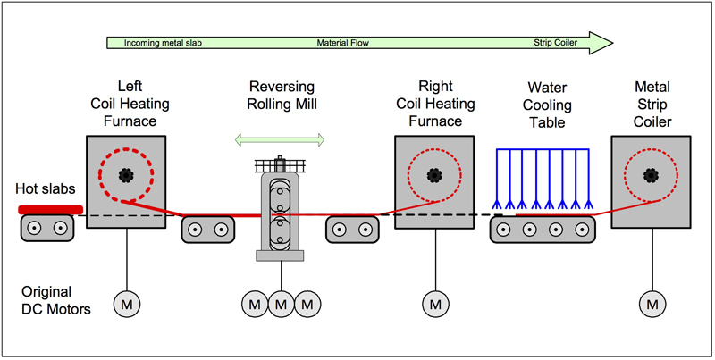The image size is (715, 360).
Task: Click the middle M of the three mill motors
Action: point(282,305)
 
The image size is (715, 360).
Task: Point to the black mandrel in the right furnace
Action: point(435,174)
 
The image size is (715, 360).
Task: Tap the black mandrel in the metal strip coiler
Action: point(650,174)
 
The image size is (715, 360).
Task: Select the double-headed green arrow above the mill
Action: point(280,138)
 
